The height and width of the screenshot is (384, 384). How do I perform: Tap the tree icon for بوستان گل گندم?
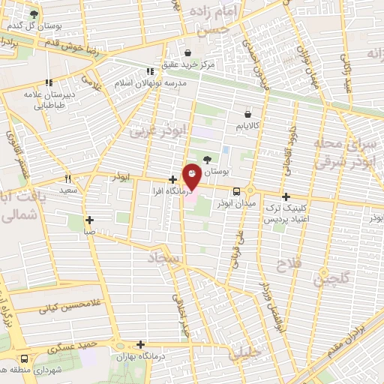tap(33, 14)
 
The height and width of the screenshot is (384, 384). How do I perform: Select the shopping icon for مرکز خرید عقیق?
tap(187, 52)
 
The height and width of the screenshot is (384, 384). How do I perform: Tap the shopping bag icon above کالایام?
tap(247, 114)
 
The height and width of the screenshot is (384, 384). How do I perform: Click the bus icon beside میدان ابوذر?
tap(235, 190)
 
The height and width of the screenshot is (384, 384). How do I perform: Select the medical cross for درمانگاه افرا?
tap(173, 179)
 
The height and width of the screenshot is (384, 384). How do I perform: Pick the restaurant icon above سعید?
tap(67, 179)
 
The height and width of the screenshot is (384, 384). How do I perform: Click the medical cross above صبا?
tap(89, 220)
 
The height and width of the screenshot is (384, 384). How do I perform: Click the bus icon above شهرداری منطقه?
tap(25, 358)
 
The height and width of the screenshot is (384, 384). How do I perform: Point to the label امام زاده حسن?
tap(214, 20)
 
